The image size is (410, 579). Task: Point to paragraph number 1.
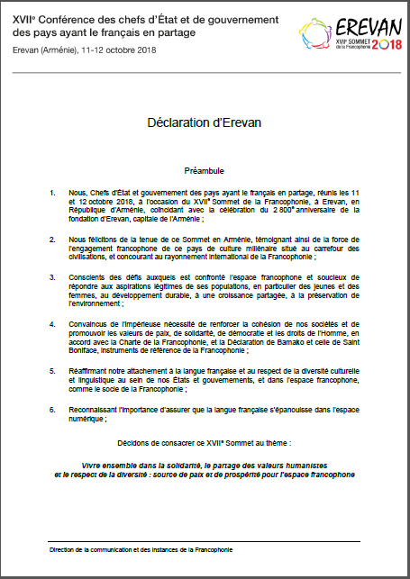(x=53, y=192)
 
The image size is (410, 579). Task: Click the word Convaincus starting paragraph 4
(x=88, y=321)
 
